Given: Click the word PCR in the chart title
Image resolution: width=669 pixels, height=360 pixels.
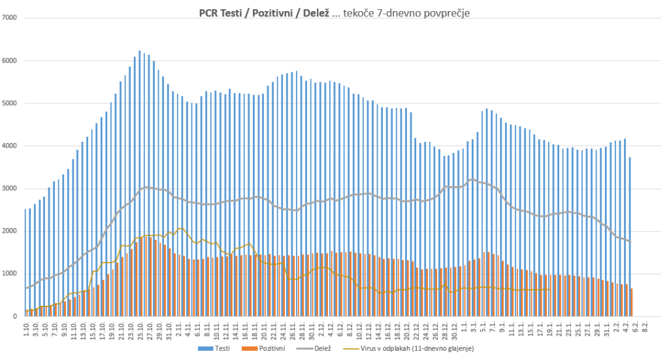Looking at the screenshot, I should click(x=210, y=12).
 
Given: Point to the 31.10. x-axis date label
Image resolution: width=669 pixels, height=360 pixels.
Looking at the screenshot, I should click(x=169, y=328).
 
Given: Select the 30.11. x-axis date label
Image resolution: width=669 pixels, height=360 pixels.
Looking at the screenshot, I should click(x=312, y=328).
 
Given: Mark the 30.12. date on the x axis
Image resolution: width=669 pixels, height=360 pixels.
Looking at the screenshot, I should click(x=454, y=328).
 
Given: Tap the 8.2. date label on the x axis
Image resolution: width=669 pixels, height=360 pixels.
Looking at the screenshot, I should click(x=645, y=327).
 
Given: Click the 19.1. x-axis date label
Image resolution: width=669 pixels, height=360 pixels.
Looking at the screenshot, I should click(x=549, y=328).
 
